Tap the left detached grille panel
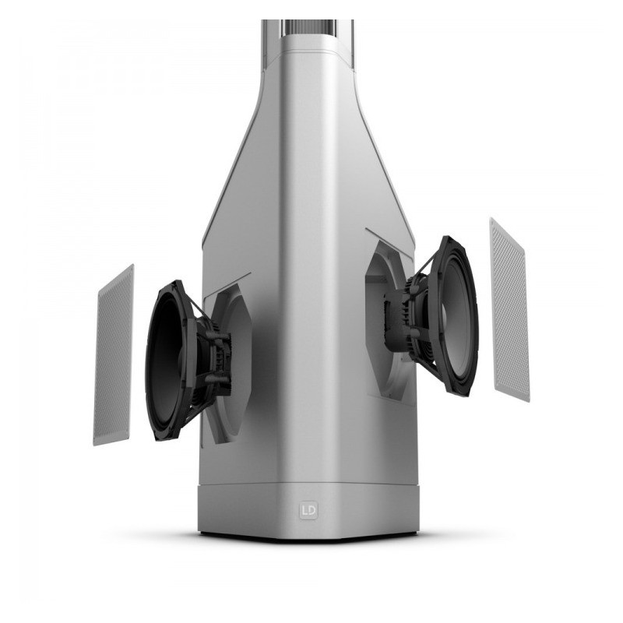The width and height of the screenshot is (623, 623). coord(114,354)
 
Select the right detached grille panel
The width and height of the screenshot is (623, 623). coord(509,309)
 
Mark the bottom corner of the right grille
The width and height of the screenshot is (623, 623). coord(529,399)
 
